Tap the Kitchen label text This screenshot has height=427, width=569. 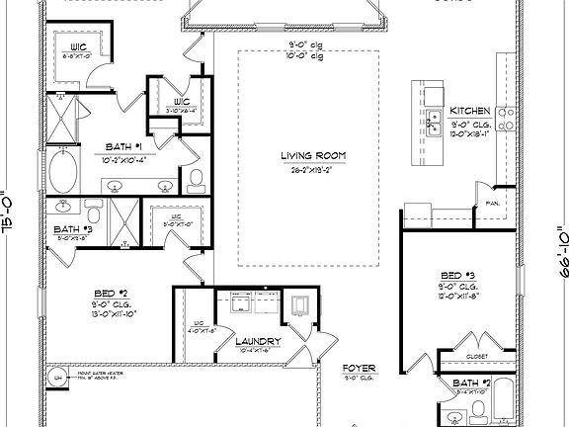coord(469,110)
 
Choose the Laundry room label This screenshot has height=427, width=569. coord(259,342)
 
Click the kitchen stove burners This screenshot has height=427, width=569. coord(507,120)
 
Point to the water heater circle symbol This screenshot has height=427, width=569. coord(59,379)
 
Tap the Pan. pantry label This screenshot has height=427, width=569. coord(491,204)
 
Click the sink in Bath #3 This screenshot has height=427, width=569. coord(64,207)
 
